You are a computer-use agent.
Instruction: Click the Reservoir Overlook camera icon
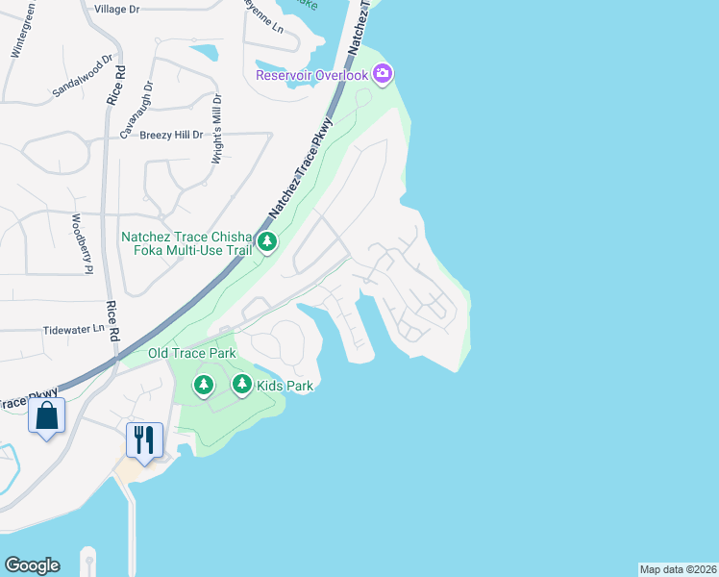click(383, 73)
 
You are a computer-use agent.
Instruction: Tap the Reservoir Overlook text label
click(312, 75)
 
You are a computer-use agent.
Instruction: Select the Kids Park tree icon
click(241, 386)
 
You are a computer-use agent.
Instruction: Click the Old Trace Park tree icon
click(203, 386)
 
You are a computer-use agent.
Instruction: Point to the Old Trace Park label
click(192, 354)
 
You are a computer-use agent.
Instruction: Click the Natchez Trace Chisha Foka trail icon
click(267, 242)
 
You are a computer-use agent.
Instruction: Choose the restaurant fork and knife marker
click(144, 439)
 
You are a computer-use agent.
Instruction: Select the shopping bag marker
click(46, 417)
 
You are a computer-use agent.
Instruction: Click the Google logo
click(32, 565)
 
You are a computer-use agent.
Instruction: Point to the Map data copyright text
click(678, 569)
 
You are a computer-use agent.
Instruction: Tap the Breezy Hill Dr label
click(171, 136)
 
